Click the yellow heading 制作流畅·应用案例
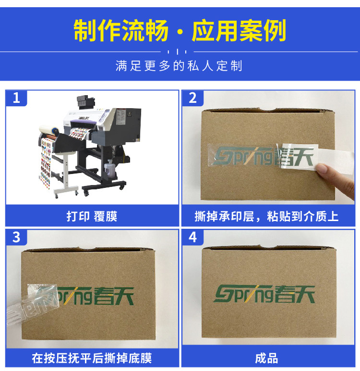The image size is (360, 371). click(180, 31)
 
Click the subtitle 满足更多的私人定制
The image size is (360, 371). click(180, 66)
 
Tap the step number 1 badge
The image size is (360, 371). click(16, 98)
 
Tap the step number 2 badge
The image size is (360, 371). click(193, 98)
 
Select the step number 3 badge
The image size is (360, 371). click(16, 237)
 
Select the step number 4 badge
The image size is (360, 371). click(193, 237)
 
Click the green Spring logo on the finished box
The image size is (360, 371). click(264, 294)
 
